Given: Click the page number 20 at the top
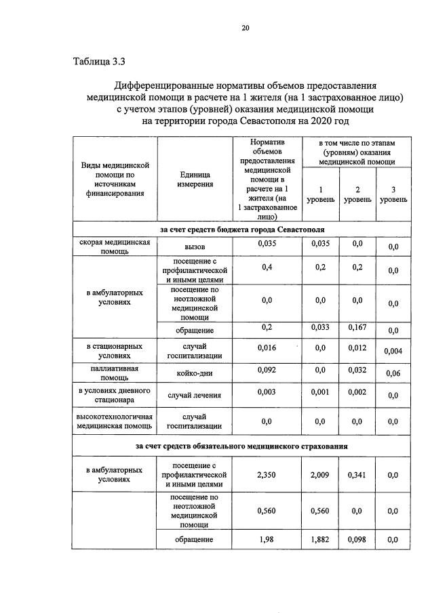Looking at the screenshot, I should click(246, 28).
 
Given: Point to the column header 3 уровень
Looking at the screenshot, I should click(393, 195).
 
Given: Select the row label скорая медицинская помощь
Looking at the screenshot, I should click(115, 247).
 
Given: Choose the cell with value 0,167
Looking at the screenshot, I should click(357, 327).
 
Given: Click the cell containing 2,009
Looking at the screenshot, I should click(319, 475).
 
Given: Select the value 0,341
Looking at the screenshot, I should click(357, 475).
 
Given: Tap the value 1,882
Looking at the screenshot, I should click(319, 539).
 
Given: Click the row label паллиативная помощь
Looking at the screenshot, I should click(115, 373).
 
